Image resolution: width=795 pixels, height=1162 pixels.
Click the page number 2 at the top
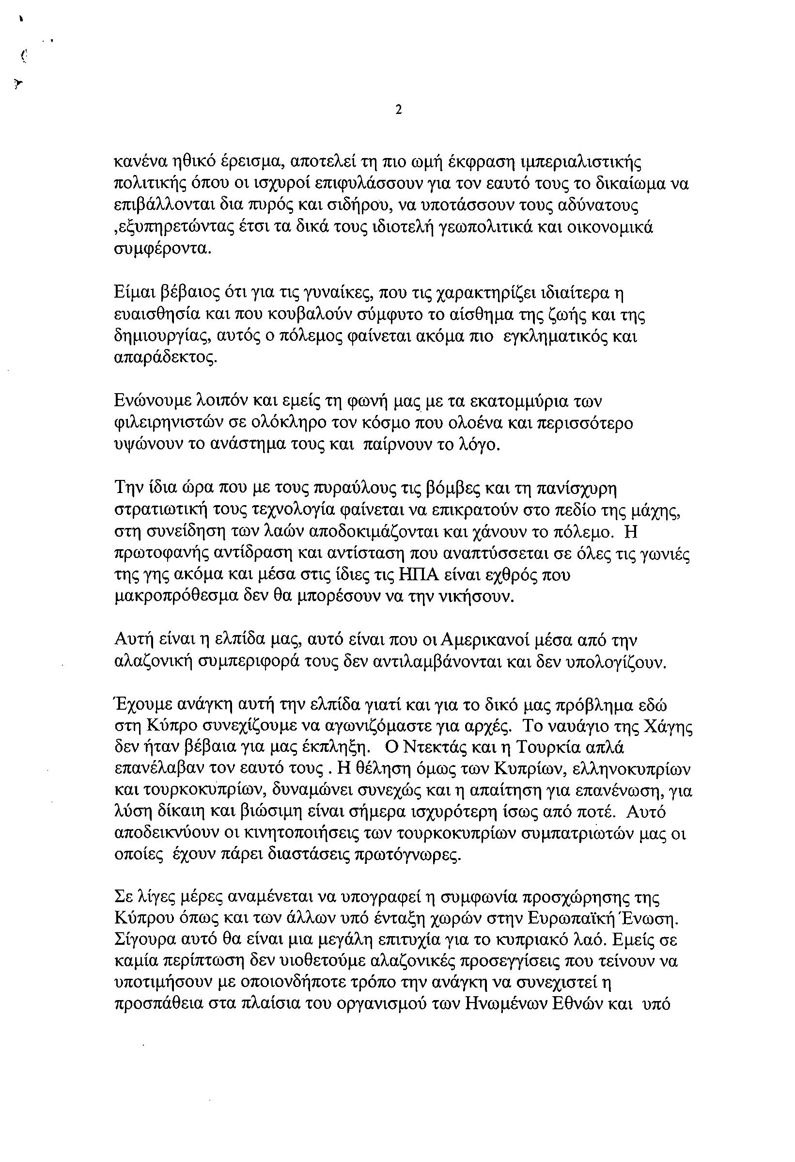[x=398, y=110]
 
